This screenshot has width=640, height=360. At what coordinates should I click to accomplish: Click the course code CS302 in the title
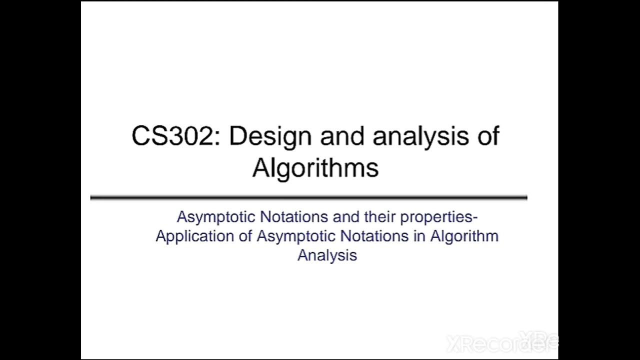172,136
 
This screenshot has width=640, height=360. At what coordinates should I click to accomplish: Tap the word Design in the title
270,136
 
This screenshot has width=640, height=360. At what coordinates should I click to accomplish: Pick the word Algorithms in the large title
315,167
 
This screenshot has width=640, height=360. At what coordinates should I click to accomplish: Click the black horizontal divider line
308,197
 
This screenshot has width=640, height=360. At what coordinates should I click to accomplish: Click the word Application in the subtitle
195,236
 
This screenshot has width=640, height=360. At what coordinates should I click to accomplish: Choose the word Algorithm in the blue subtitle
464,236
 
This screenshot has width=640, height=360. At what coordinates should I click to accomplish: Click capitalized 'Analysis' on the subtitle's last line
327,255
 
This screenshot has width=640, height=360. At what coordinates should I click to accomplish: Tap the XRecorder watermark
500,343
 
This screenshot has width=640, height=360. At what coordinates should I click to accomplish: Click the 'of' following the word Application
245,236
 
